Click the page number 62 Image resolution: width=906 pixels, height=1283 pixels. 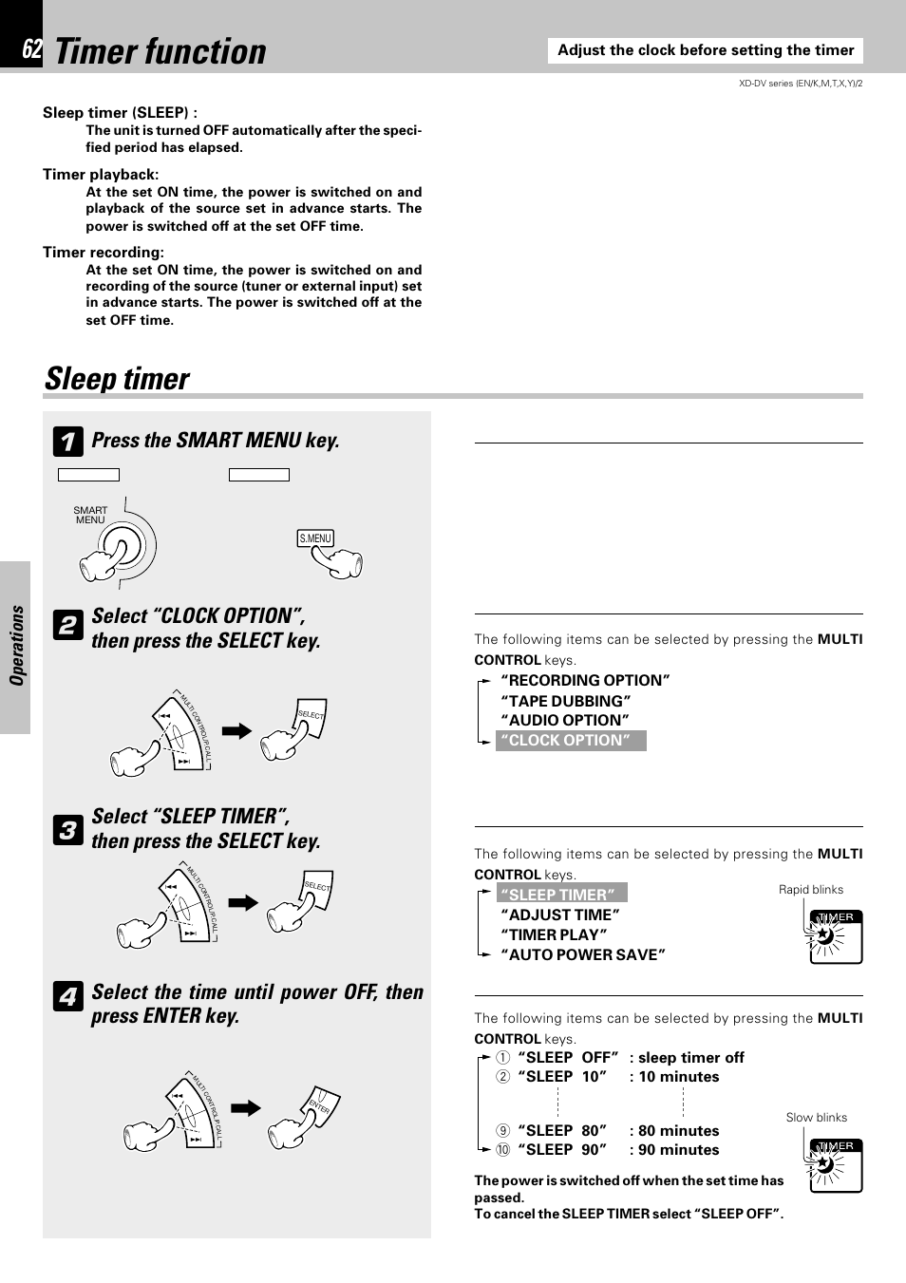click(31, 50)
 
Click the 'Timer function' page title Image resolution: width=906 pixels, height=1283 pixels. click(160, 51)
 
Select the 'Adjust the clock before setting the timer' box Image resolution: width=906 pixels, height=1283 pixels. click(706, 50)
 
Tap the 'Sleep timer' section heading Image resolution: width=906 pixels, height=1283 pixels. click(118, 379)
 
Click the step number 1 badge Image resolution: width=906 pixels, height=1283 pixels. click(67, 442)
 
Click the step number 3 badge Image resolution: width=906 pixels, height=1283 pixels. click(67, 830)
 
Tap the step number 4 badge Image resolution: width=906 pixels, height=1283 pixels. click(67, 996)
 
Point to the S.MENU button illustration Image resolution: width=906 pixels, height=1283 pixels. click(316, 538)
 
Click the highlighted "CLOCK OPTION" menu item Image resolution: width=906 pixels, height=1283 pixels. click(570, 741)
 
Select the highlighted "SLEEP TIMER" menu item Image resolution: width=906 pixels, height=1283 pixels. click(561, 894)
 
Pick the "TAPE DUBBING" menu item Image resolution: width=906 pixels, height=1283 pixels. click(566, 701)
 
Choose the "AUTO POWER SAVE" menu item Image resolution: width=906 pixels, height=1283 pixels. click(583, 954)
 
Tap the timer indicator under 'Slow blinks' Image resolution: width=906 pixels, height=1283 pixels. click(836, 1164)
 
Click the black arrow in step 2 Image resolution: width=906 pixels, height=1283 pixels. click(236, 731)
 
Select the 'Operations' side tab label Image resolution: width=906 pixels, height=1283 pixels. click(16, 646)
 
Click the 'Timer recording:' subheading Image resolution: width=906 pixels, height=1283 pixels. click(104, 253)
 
